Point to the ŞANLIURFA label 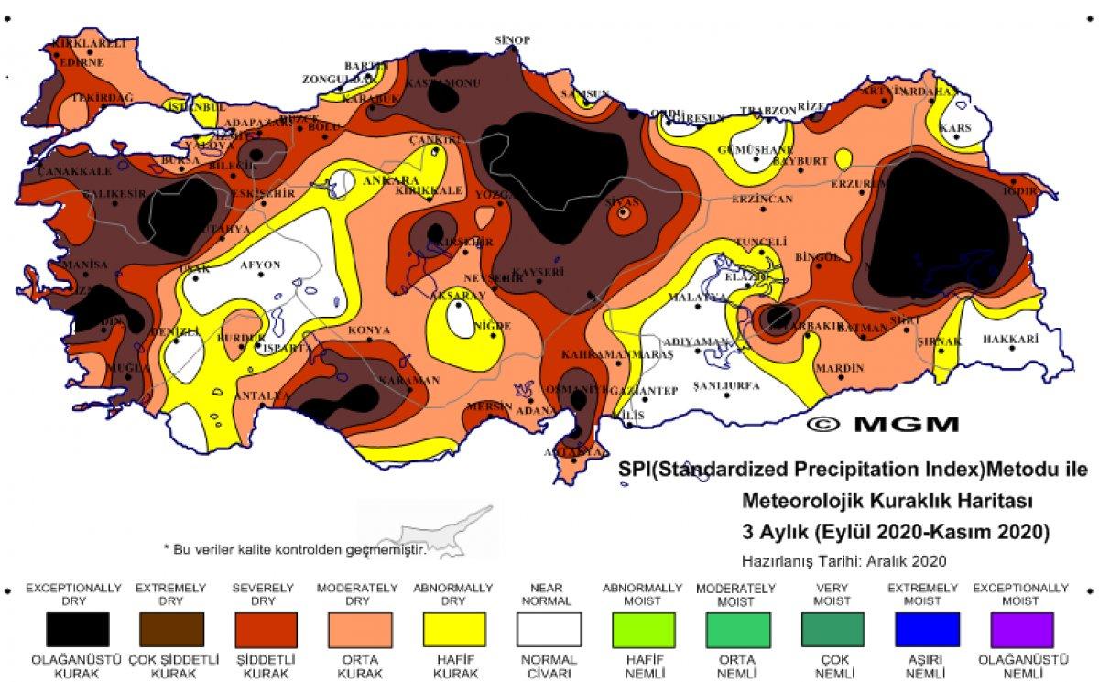(x=726, y=385)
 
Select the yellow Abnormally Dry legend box (x=454, y=630)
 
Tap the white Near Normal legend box (x=549, y=630)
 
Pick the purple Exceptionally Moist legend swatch (x=1020, y=630)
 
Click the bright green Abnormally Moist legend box (x=643, y=630)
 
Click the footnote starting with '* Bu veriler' (x=295, y=549)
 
